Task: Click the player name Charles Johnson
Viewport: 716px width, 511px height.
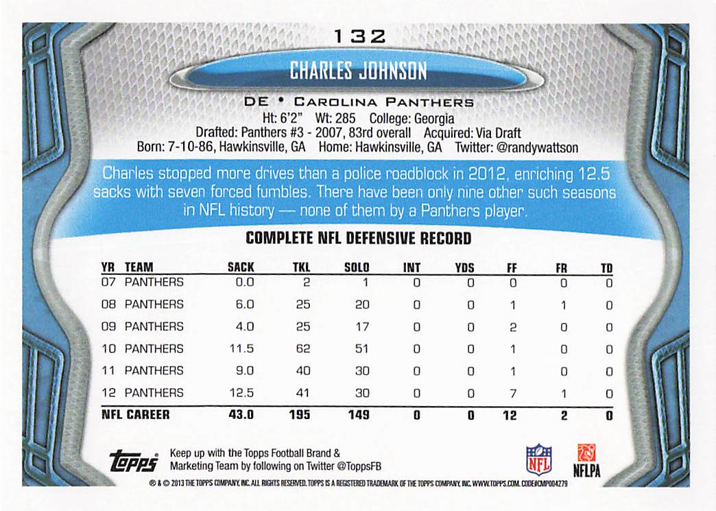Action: (x=357, y=71)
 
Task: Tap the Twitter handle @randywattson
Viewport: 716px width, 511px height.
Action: (x=535, y=147)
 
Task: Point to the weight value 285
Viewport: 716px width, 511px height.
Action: (x=344, y=119)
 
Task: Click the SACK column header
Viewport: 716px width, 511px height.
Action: (x=241, y=268)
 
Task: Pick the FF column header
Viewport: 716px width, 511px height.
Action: (x=512, y=268)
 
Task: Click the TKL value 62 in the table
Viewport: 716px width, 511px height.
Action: (x=302, y=348)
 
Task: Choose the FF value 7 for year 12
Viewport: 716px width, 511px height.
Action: (x=512, y=393)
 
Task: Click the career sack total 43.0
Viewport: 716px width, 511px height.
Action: (x=240, y=415)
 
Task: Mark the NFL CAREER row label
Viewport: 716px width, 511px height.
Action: (x=135, y=415)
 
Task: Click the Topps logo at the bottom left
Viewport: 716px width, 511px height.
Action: (x=133, y=462)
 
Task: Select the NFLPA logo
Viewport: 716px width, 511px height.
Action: (x=586, y=460)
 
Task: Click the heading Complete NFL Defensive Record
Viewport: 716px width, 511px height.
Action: (x=358, y=239)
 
